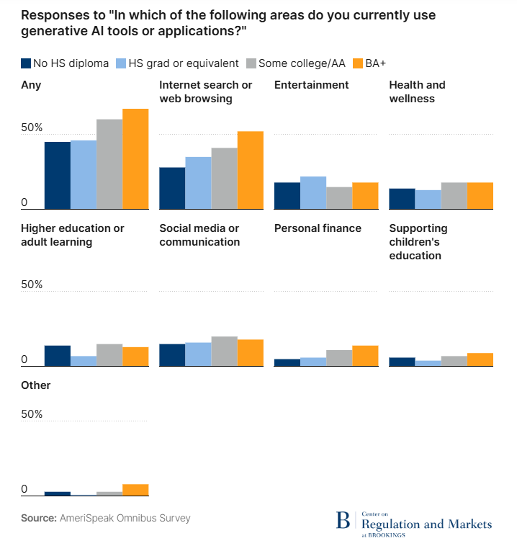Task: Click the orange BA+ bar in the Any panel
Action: pos(135,159)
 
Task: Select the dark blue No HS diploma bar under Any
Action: pos(58,175)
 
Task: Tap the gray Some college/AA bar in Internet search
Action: pos(224,178)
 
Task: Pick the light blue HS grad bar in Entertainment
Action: pos(313,192)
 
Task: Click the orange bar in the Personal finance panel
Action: pos(365,356)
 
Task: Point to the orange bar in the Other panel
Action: pos(135,490)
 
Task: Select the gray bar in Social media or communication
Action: pos(224,351)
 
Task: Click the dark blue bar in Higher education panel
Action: pos(58,356)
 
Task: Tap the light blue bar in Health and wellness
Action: pos(428,200)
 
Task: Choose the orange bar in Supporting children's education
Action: pos(480,359)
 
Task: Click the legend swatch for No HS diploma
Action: pos(26,63)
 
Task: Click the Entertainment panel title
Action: pos(311,85)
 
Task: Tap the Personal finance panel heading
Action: pos(318,228)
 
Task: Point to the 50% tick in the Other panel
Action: pos(32,415)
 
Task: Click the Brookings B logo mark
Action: pos(343,521)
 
